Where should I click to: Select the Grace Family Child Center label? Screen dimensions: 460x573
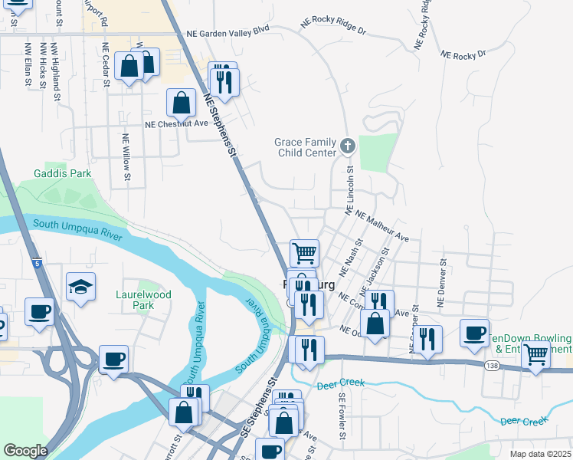tap(306, 147)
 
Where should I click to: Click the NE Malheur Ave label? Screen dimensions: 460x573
tap(381, 227)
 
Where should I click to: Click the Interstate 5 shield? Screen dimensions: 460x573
tap(38, 264)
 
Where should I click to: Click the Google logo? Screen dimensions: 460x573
tap(25, 451)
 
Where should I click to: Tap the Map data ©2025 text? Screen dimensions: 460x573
tap(539, 454)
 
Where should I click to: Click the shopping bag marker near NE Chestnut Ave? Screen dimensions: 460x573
tap(181, 102)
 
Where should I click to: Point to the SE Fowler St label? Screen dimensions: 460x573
tap(342, 420)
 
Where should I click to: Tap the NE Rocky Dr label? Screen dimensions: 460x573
tap(463, 55)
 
